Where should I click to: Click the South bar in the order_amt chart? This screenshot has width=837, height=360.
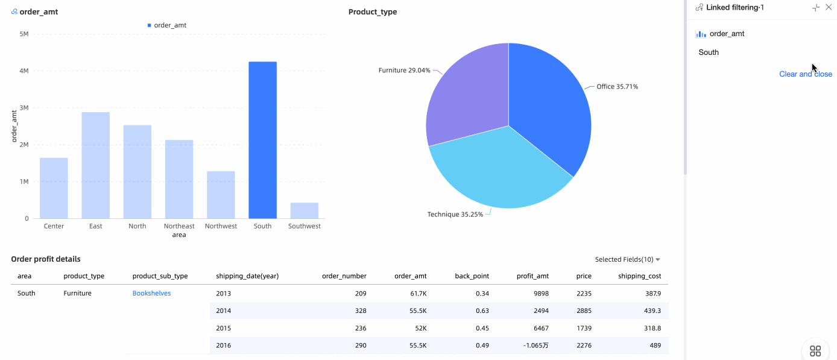262,140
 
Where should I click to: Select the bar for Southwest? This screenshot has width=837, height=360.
304,210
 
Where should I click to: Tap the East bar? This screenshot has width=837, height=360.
95,165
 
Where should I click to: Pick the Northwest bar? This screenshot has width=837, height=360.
221,195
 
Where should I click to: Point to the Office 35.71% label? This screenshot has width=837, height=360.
617,87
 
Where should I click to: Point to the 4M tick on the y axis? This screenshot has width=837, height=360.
24,71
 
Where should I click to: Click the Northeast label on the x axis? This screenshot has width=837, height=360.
179,226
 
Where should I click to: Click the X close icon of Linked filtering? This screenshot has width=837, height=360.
829,7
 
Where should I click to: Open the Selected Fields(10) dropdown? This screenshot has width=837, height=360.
627,259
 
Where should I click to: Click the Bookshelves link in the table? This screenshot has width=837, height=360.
151,293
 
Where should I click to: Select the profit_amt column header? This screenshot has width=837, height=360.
532,276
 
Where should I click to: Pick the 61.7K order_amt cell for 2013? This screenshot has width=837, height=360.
418,293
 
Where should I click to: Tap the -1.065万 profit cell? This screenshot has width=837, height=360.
535,346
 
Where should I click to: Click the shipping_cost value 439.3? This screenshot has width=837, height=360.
652,311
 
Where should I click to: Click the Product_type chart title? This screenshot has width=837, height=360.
373,12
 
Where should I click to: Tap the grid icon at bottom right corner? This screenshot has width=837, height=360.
815,351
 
